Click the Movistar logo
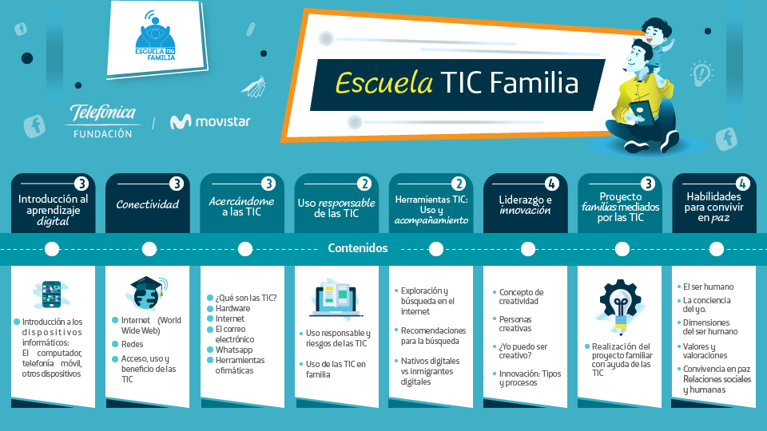coord(210,121)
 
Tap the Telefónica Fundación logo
coord(103,121)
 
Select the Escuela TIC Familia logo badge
coord(156,39)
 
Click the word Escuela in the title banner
coord(384,82)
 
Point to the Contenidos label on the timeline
coord(358,248)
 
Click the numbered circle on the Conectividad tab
coord(176,184)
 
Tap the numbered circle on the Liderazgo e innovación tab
coord(551,184)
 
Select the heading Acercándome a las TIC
coord(241,207)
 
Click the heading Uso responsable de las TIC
coord(336,208)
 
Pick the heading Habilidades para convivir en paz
coord(713,208)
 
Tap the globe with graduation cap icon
coord(147,293)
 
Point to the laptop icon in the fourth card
coord(336,299)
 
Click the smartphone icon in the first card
coord(51,294)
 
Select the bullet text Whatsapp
coord(234,350)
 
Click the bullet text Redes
coord(132,345)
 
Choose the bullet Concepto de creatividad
coord(521,297)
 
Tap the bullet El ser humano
coord(709,287)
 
